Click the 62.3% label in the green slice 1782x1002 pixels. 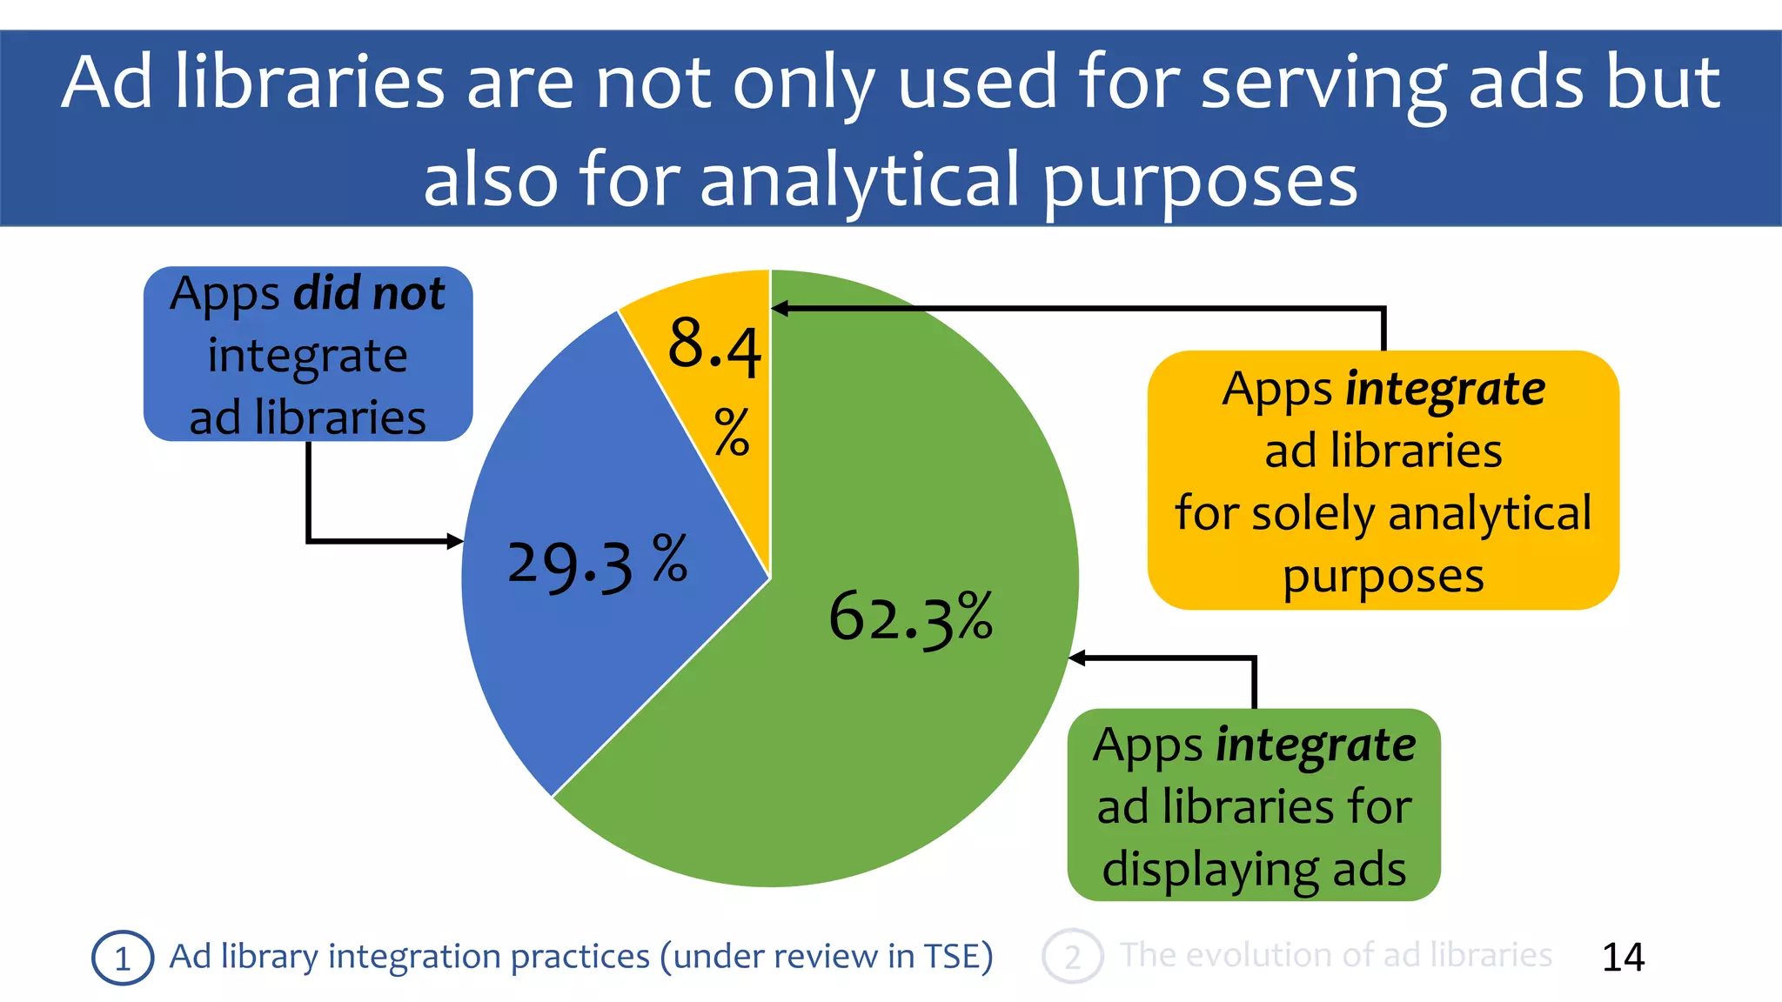pyautogui.click(x=910, y=618)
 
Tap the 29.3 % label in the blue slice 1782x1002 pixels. pyautogui.click(x=597, y=564)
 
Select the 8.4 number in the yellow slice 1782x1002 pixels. pyautogui.click(x=714, y=345)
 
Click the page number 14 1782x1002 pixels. pyautogui.click(x=1623, y=957)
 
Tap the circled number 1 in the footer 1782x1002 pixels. pyautogui.click(x=123, y=958)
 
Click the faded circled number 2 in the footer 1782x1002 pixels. pyautogui.click(x=1072, y=957)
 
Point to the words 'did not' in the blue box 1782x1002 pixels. pyautogui.click(x=370, y=293)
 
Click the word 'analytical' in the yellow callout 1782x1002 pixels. pyautogui.click(x=1490, y=513)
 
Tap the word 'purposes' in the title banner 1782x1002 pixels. pyautogui.click(x=1200, y=180)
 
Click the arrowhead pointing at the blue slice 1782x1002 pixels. pyautogui.click(x=455, y=541)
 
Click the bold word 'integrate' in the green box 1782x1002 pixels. pyautogui.click(x=1316, y=745)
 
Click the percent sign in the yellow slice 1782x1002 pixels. pyautogui.click(x=732, y=431)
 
